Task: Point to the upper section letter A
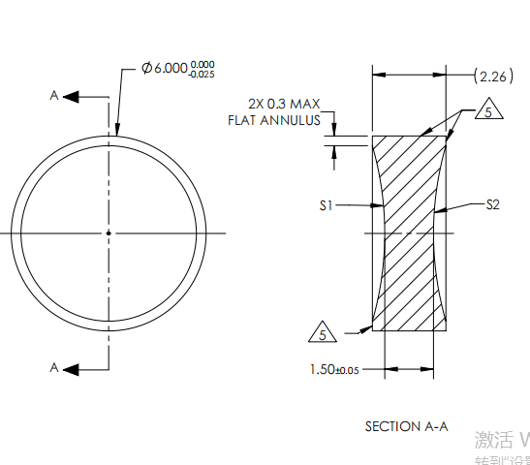coord(54,95)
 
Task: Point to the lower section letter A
coord(54,367)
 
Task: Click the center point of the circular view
coord(109,232)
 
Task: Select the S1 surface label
coord(327,205)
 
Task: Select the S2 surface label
coord(491,205)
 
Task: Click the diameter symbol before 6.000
coord(146,70)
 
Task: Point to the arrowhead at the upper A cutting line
coord(73,96)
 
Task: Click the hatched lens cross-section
coord(410,232)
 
